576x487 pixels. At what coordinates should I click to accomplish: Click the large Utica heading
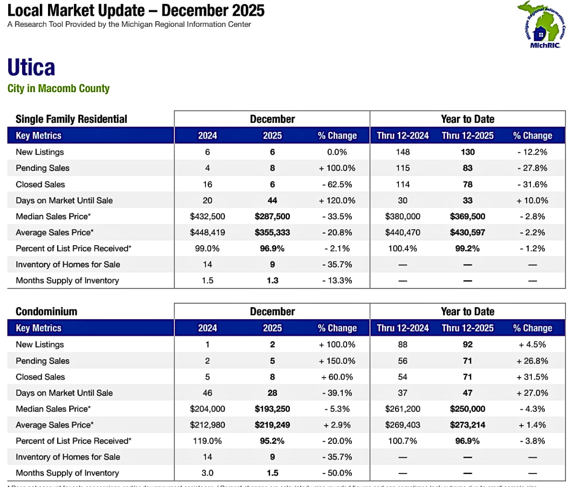(31, 67)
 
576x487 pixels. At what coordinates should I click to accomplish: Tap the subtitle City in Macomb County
(59, 89)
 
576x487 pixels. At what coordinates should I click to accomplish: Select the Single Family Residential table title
(72, 119)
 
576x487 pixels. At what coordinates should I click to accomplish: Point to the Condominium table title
(47, 311)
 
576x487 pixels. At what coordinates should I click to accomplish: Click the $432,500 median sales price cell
(207, 216)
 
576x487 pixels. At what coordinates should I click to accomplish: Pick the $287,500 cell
(272, 216)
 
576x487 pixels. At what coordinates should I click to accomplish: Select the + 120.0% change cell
(337, 201)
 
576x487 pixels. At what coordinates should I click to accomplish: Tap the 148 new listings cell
(403, 152)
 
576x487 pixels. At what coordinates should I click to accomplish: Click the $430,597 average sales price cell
(468, 233)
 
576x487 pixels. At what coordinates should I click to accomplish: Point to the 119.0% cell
(207, 441)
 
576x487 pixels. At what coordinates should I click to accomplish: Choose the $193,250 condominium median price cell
(272, 409)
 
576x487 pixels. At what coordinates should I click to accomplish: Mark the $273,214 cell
(468, 425)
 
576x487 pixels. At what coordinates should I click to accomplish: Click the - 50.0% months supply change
(337, 473)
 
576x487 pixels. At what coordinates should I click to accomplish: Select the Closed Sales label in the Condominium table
(40, 377)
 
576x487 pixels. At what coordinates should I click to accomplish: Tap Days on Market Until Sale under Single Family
(64, 201)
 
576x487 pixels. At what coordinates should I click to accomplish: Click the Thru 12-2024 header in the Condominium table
(403, 328)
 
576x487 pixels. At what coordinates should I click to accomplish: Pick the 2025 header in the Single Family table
(272, 136)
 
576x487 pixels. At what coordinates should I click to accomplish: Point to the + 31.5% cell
(532, 377)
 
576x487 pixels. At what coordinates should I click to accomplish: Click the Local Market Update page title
(136, 11)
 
